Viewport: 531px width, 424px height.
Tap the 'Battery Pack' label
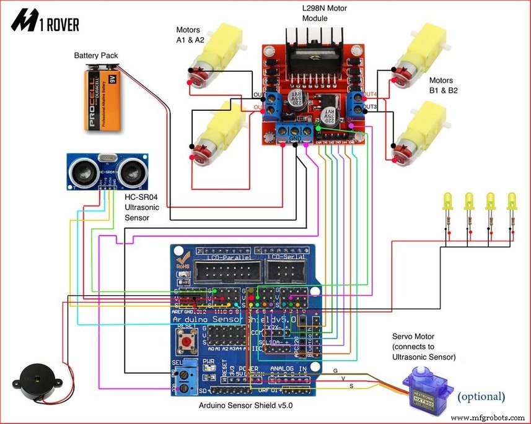click(95, 56)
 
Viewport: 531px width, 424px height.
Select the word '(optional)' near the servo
click(481, 396)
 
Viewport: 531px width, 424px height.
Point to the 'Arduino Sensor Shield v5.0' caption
click(245, 406)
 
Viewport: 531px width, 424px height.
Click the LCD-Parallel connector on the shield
click(224, 270)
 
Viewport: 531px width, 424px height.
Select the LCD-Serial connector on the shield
click(286, 270)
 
